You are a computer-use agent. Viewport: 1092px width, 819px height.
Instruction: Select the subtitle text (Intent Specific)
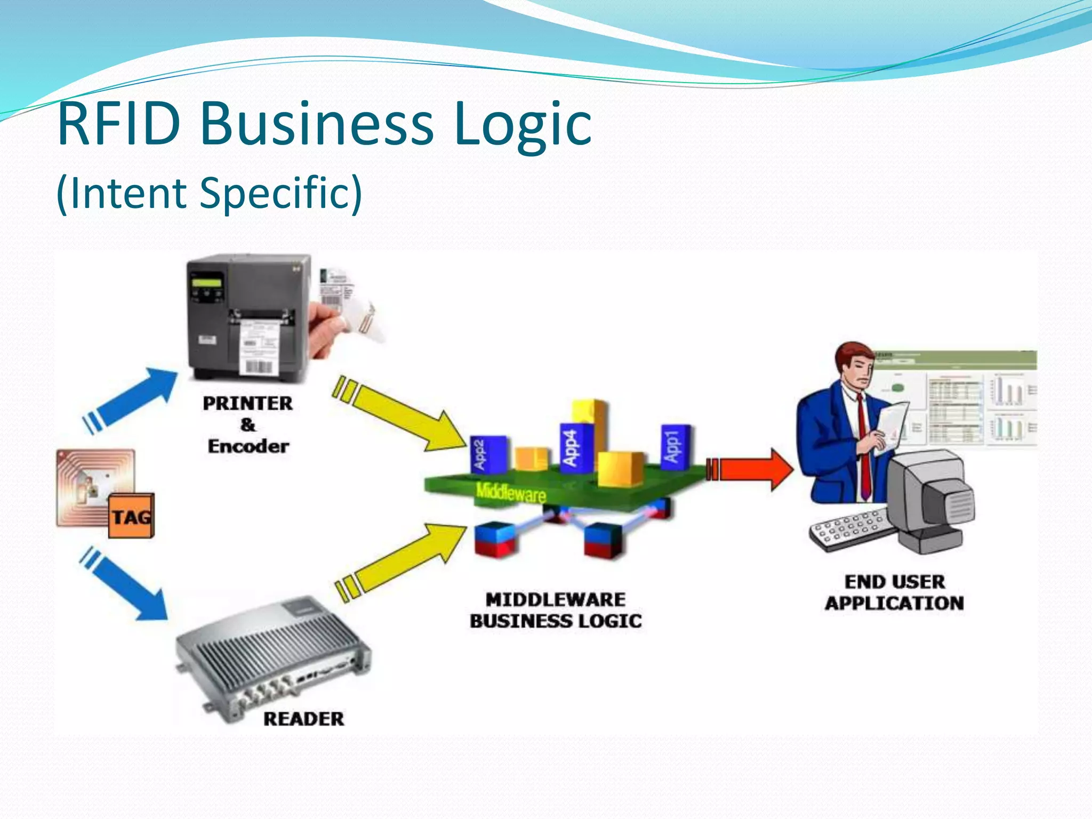pyautogui.click(x=209, y=193)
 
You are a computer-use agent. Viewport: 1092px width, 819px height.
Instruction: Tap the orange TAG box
pyautogui.click(x=131, y=516)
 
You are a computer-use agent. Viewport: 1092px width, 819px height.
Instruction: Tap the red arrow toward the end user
pyautogui.click(x=752, y=469)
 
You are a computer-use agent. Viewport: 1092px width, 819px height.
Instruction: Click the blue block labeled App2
pyautogui.click(x=488, y=454)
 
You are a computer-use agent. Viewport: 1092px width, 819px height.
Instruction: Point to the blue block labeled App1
pyautogui.click(x=675, y=447)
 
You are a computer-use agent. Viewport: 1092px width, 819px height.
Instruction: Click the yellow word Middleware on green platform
pyautogui.click(x=511, y=493)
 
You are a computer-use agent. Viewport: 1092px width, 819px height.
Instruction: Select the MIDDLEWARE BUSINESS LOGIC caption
pyautogui.click(x=556, y=610)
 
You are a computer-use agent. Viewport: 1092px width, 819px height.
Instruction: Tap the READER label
pyautogui.click(x=303, y=719)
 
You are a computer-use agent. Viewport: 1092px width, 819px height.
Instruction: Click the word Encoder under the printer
pyautogui.click(x=248, y=446)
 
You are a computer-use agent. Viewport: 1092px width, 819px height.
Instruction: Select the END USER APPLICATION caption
pyautogui.click(x=895, y=592)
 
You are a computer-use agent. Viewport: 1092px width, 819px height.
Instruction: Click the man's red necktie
pyautogui.click(x=864, y=448)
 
